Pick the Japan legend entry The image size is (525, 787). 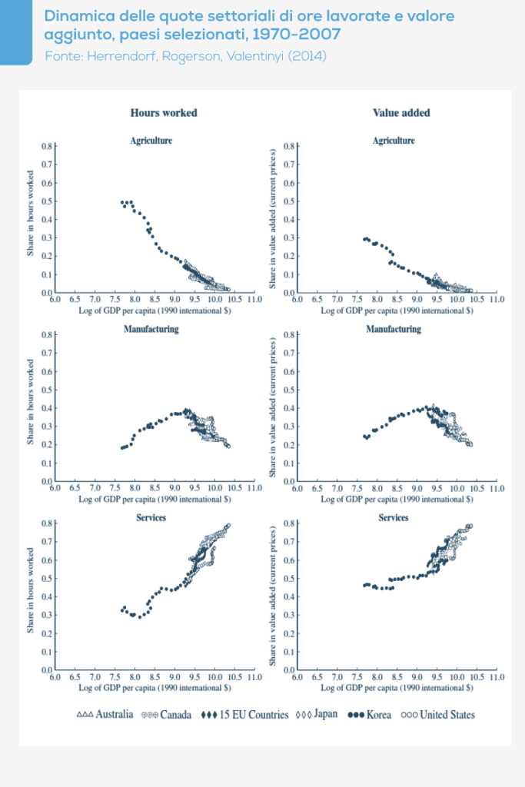coord(316,715)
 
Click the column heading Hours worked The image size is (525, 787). coord(163,113)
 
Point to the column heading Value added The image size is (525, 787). coord(401,113)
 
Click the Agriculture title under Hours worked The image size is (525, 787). coord(151,141)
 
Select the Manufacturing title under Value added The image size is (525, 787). coord(394,329)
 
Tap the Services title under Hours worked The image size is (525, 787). coord(151,517)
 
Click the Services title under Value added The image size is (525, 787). coord(394,517)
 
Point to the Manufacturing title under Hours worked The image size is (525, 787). coord(151,329)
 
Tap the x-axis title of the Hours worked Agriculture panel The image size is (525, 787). coord(154,311)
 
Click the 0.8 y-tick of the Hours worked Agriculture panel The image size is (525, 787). coord(45,146)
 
